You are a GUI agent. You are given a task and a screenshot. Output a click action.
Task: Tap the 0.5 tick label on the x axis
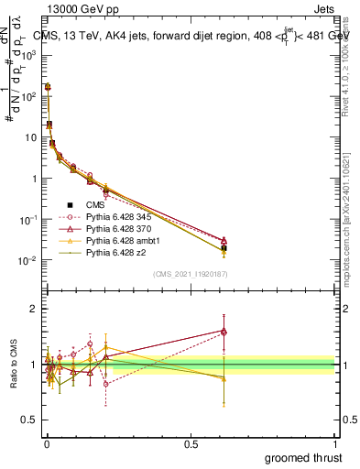[x=191, y=444]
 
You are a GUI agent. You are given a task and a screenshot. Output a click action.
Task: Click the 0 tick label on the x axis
[x=46, y=444]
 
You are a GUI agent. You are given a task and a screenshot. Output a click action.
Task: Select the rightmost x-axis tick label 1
[x=334, y=444]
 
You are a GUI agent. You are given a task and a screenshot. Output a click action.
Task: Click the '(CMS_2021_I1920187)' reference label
[x=190, y=273]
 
